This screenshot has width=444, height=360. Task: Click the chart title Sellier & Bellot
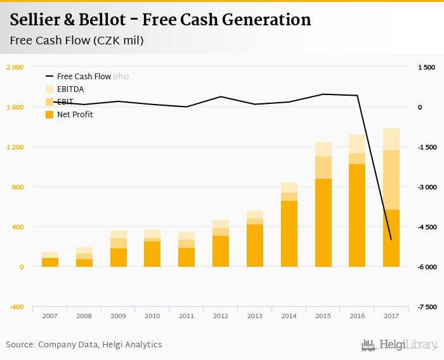click(160, 20)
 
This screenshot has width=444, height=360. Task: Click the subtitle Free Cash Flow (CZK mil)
click(76, 41)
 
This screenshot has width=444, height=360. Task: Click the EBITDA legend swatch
click(49, 89)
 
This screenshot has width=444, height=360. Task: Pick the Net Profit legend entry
click(75, 115)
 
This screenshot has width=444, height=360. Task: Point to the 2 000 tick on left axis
click(15, 67)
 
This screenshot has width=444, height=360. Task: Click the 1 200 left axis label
click(15, 147)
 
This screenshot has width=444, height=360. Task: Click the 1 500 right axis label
click(426, 67)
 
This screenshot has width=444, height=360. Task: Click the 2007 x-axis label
click(50, 315)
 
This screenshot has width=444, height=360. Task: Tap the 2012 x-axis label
click(221, 315)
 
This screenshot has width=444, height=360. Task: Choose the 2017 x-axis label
click(391, 315)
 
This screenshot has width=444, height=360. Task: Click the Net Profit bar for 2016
click(357, 215)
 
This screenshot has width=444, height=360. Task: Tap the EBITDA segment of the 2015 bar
click(323, 149)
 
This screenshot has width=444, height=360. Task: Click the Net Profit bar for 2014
click(289, 234)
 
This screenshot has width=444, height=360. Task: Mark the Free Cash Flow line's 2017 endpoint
click(391, 240)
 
